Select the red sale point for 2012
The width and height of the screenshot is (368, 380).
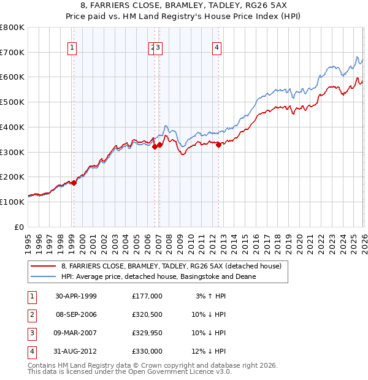tap(218, 144)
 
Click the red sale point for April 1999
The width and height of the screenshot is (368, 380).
tap(74, 183)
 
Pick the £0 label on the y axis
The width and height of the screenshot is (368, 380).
tap(20, 226)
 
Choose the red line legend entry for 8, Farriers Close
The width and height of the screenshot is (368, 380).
tap(171, 266)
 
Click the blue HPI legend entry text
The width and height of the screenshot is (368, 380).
tap(158, 276)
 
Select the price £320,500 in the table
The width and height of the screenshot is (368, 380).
tap(147, 314)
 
